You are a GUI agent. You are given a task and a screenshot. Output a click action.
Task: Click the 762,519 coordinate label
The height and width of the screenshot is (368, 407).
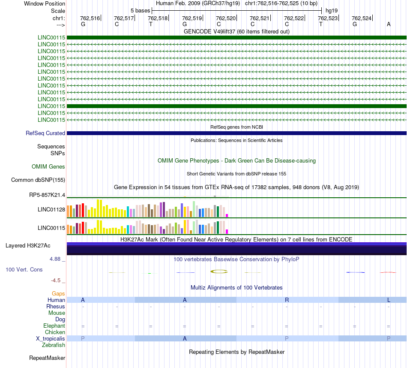[192, 18]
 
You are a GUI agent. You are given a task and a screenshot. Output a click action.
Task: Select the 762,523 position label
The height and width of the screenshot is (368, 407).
[328, 18]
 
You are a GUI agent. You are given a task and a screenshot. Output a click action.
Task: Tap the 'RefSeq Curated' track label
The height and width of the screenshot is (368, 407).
[45, 133]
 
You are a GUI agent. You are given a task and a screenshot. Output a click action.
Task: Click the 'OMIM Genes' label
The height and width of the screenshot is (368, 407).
[48, 166]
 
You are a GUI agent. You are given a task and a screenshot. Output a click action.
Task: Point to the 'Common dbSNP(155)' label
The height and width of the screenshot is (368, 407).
[38, 180]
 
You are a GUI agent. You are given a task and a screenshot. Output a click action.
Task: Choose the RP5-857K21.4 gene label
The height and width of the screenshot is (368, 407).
[47, 195]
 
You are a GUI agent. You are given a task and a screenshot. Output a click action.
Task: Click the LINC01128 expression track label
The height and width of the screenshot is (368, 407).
[51, 209]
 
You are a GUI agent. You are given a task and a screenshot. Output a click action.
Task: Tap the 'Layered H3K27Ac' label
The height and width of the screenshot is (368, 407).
[28, 246]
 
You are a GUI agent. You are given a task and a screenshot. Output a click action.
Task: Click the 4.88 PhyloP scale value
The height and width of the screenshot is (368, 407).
[55, 259]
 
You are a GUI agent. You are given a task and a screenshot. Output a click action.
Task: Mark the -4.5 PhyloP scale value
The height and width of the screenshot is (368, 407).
[56, 281]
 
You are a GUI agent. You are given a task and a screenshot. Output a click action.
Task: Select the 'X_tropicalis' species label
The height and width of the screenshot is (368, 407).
[51, 339]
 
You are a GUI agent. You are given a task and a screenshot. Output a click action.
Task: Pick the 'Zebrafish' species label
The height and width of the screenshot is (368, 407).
[54, 345]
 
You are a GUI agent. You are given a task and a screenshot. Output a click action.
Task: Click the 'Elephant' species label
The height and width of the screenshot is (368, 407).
[54, 326]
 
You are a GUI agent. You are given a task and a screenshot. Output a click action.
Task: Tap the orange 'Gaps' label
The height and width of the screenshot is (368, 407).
[58, 293]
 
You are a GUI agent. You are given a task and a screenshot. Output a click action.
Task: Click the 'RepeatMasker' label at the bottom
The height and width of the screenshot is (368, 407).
[47, 358]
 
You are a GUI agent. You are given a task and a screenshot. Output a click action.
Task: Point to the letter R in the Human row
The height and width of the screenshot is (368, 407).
[287, 300]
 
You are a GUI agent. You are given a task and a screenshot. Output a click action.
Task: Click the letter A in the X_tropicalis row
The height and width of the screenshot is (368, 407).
[185, 339]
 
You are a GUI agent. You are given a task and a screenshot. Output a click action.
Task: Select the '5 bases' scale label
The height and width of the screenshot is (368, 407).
[140, 11]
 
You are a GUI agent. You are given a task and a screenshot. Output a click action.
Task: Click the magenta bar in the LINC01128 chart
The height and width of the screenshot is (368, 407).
[227, 215]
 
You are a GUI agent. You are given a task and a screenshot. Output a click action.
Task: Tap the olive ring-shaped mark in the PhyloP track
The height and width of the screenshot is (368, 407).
[219, 271]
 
